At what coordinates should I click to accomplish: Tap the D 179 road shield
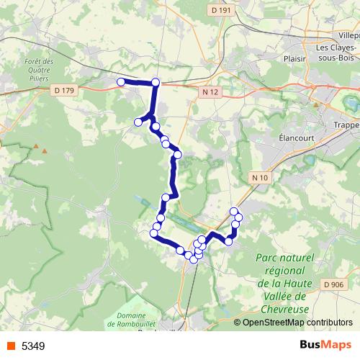(64, 89)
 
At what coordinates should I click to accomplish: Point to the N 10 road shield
(260, 177)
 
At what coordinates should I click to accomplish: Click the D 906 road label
(333, 285)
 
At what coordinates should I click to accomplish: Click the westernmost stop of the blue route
(121, 82)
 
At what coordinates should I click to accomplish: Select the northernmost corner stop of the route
(156, 82)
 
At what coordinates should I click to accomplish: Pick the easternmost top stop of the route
(238, 217)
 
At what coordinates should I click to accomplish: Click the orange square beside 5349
(9, 346)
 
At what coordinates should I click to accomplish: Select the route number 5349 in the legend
(33, 346)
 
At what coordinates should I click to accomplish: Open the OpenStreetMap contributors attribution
(297, 323)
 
